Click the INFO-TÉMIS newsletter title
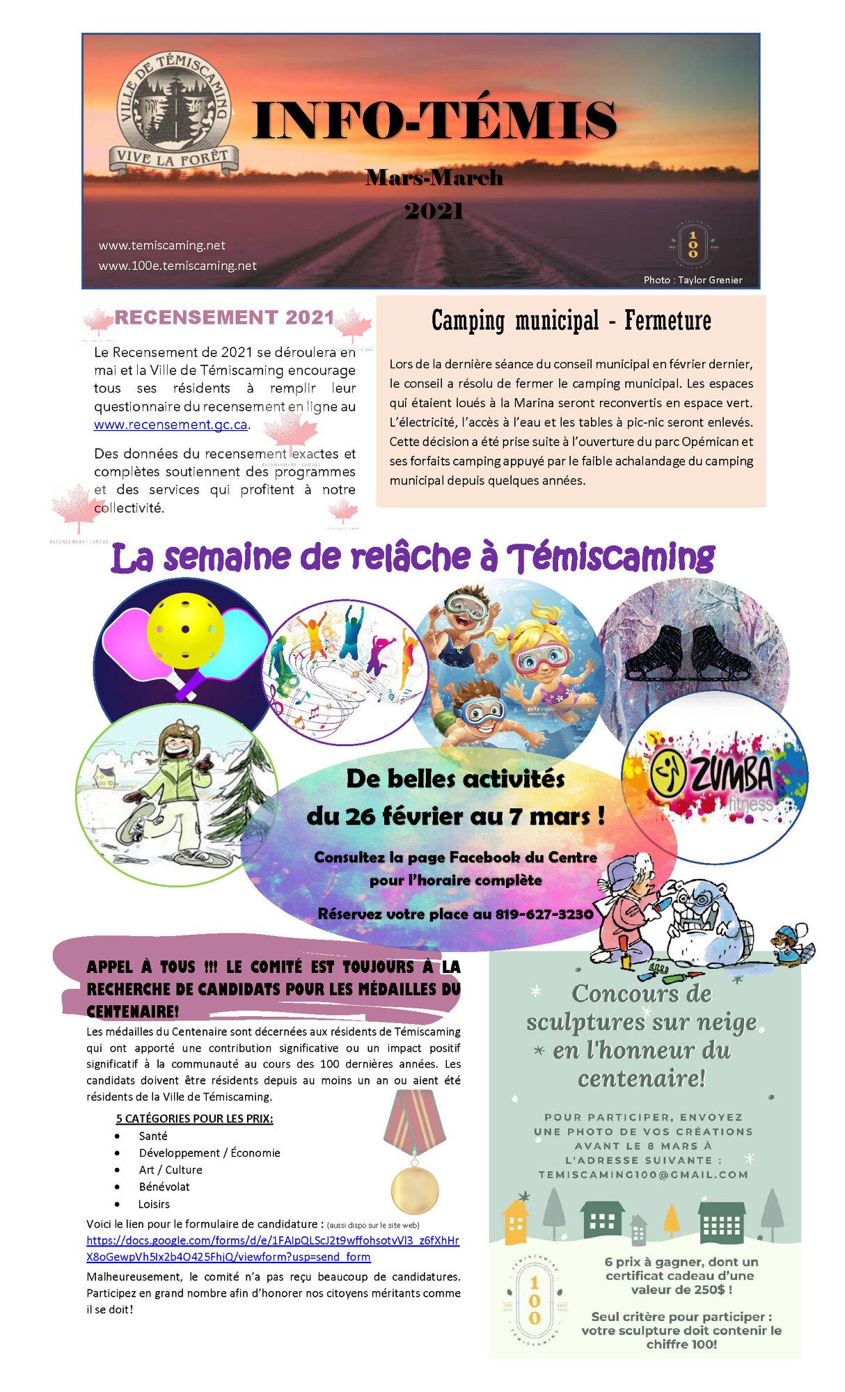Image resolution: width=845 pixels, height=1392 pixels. (434, 120)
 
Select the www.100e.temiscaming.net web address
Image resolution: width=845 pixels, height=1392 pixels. (177, 265)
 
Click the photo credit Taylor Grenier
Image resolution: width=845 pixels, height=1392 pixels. (693, 280)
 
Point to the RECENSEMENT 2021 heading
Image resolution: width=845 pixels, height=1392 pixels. (225, 317)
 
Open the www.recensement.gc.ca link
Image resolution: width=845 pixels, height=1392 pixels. (171, 425)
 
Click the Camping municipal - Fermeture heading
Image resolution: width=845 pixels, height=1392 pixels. (571, 321)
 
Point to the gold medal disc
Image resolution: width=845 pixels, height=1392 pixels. (415, 1189)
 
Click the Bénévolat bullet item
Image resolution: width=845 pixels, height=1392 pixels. (164, 1187)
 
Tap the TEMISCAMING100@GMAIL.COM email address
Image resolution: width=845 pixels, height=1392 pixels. (643, 1174)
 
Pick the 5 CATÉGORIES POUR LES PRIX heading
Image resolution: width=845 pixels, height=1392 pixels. (194, 1118)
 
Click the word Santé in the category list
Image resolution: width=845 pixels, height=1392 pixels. (153, 1135)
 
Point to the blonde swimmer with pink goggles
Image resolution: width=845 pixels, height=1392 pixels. (539, 658)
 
